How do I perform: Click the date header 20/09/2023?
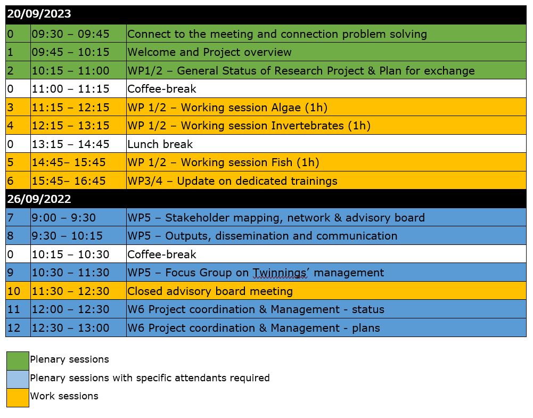pos(39,14)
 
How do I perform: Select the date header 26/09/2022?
pos(39,199)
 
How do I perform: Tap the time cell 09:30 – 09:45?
pos(70,34)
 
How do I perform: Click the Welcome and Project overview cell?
pos(209,52)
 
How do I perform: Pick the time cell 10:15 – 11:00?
pos(70,71)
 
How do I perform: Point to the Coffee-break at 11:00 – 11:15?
pos(162,89)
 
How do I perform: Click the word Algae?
pos(286,108)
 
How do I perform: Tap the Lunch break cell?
pos(160,144)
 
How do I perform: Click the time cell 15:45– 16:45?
pos(69,181)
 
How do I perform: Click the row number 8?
pos(11,236)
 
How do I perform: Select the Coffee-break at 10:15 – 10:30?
pos(162,255)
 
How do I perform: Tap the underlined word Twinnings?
pos(279,273)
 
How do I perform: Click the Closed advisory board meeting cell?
pos(210,291)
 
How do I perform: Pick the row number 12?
pos(14,328)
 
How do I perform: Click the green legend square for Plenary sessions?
pos(18,360)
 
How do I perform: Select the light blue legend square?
pos(18,379)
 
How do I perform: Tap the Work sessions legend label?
pos(64,396)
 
